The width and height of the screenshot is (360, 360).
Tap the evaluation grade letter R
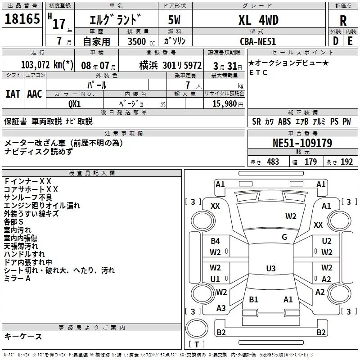343,20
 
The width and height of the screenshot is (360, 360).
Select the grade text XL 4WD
258,20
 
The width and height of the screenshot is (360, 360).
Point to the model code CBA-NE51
258,41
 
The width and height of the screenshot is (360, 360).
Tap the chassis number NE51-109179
302,143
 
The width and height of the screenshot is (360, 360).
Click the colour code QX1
75,104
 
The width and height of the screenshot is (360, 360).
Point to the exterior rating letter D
335,41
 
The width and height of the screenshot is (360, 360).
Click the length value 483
273,162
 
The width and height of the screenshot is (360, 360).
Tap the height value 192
346,162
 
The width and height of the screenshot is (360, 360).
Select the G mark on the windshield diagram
284,237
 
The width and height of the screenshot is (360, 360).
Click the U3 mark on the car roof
270,269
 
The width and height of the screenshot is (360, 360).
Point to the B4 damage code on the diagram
216,241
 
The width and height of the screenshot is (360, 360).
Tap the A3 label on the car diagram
221,308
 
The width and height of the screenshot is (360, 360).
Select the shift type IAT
13,94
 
